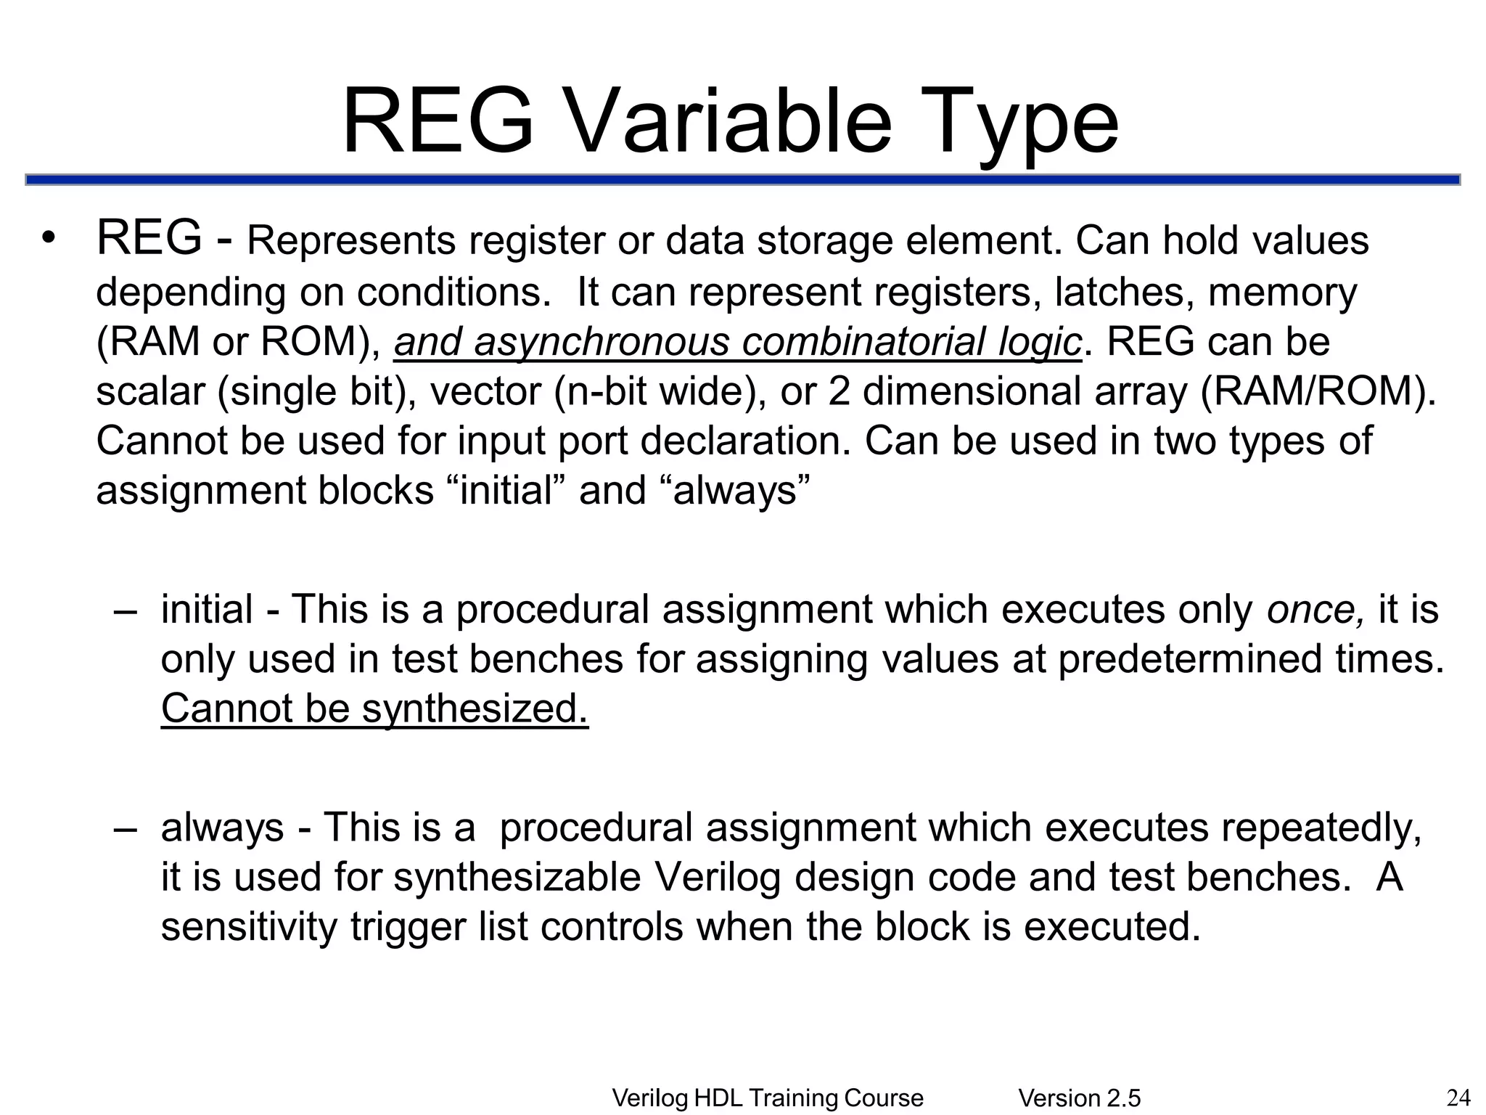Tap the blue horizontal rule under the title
click(x=742, y=180)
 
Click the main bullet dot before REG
click(x=48, y=240)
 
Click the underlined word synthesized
click(x=475, y=708)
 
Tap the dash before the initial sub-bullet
click(x=126, y=610)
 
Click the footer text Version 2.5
click(x=1080, y=1098)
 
